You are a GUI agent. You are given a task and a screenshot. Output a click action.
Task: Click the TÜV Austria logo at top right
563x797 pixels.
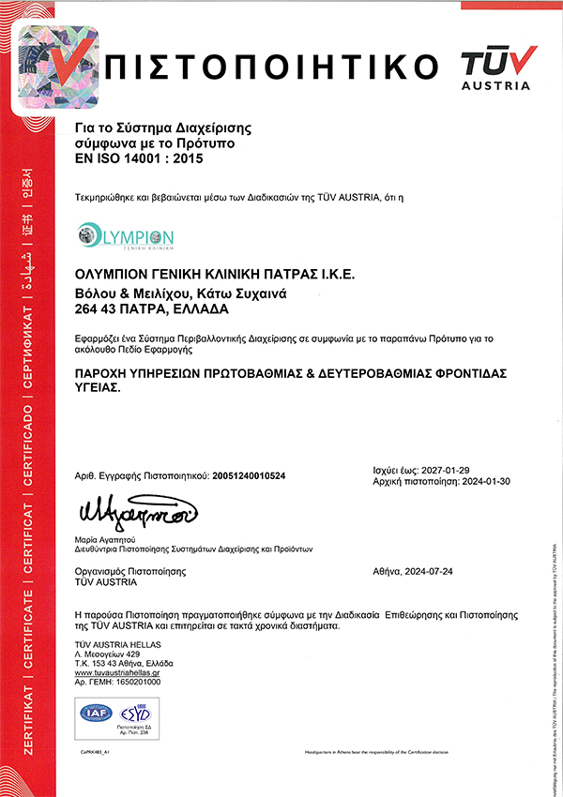click(x=497, y=68)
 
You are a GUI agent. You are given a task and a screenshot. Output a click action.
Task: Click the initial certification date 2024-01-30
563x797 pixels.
click(x=484, y=480)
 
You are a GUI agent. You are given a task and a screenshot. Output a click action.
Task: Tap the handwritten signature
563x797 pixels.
click(x=137, y=511)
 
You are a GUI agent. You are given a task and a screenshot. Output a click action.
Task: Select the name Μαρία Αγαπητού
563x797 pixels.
click(x=105, y=540)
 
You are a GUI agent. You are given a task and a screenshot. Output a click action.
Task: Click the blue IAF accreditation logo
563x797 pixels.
click(x=96, y=713)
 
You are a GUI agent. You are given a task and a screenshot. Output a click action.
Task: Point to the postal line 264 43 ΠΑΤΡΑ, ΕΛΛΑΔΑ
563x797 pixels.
click(x=150, y=308)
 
